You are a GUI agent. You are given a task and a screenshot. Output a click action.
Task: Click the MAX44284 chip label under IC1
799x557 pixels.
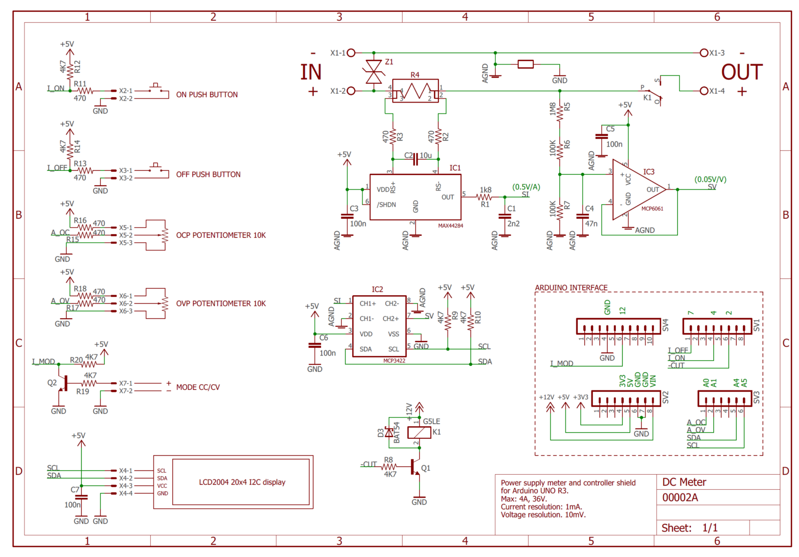(450, 226)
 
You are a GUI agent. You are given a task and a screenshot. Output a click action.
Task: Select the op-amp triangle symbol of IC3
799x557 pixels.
(637, 190)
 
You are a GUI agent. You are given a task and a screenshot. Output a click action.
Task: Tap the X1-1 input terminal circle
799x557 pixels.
(351, 53)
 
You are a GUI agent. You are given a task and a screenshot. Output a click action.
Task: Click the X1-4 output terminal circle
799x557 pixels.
(704, 91)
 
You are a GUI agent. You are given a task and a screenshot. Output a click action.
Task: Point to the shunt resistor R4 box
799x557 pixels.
(415, 91)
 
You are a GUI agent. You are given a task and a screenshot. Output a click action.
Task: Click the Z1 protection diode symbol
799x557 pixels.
(373, 72)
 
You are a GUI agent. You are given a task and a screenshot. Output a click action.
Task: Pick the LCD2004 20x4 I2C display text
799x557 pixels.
(242, 482)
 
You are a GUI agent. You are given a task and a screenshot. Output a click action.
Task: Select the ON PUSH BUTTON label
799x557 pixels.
(207, 95)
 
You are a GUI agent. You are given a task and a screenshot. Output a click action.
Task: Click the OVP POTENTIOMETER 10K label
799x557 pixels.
(221, 303)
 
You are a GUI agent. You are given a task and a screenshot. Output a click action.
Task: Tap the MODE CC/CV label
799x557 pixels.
(198, 387)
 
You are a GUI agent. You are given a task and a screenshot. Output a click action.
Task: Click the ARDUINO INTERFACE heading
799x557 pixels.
(571, 288)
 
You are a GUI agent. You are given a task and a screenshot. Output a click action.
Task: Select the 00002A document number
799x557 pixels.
(680, 498)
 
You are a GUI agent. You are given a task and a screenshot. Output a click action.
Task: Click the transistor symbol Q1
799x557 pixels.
(415, 467)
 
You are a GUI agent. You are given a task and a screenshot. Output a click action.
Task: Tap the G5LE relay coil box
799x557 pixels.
(419, 432)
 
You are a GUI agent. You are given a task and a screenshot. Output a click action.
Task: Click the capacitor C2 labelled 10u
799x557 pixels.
(416, 159)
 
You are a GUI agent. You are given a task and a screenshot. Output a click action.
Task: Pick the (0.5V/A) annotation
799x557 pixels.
(526, 187)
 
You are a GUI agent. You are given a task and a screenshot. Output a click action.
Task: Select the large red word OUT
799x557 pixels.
(741, 72)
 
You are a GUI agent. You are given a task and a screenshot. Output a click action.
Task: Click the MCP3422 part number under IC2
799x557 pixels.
(394, 361)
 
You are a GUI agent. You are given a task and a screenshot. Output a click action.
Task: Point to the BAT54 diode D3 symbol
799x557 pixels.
(389, 432)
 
